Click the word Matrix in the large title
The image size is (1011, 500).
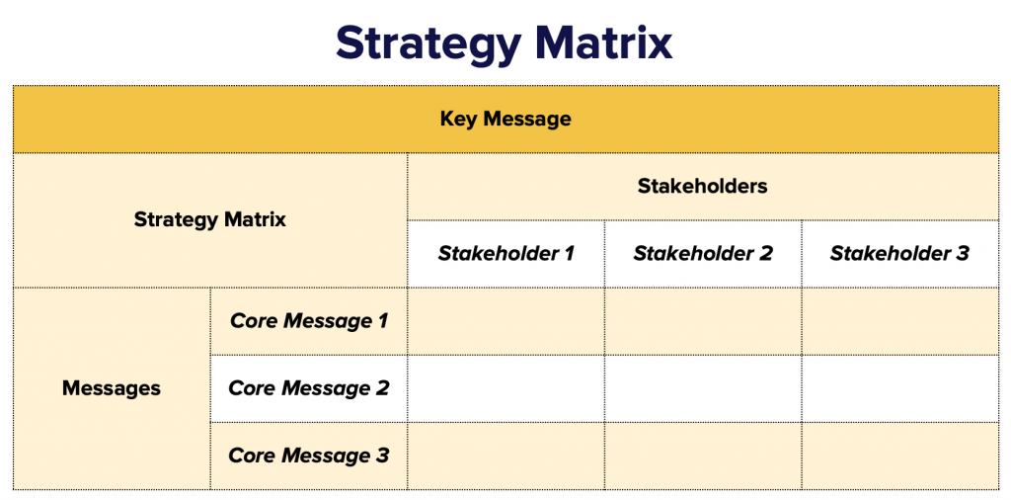[604, 42]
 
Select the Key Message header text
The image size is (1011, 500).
[505, 120]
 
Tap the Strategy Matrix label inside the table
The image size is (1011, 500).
[210, 220]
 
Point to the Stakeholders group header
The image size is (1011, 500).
[703, 187]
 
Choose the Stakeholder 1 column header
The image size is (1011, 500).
[506, 254]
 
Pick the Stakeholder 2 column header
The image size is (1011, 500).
[703, 254]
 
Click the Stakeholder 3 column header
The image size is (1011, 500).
[899, 254]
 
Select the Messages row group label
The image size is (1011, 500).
[112, 388]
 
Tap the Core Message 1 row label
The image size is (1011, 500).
[309, 320]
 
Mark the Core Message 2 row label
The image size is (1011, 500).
[309, 388]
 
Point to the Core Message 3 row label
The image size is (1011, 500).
[309, 456]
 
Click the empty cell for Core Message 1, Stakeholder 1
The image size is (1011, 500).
[506, 321]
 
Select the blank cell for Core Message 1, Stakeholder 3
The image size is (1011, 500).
[900, 321]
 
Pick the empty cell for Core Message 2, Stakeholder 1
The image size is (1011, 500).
[506, 388]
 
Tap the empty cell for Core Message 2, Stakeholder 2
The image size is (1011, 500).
[703, 388]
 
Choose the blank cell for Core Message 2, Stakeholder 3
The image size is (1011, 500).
[900, 388]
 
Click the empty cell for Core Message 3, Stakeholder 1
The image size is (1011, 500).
[506, 457]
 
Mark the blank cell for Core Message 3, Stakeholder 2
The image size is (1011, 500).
[703, 457]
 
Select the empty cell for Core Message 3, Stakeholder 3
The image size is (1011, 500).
[900, 457]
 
